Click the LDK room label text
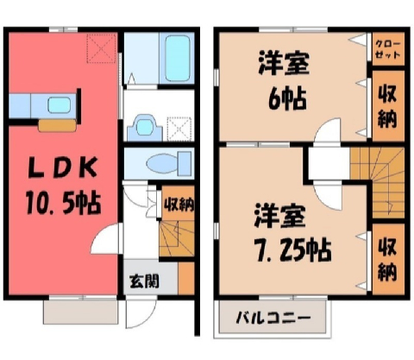[x=62, y=167]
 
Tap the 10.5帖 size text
[x=63, y=204]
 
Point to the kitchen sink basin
[x=59, y=105]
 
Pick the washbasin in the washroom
[x=145, y=128]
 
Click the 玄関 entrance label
[x=144, y=281]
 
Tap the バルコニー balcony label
[x=273, y=319]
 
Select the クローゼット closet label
[x=388, y=49]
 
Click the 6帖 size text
[x=287, y=99]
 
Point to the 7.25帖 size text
[x=293, y=250]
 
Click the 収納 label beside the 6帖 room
[x=387, y=106]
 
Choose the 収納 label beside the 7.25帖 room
[x=387, y=260]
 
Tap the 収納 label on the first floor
[x=179, y=205]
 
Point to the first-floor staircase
[x=177, y=238]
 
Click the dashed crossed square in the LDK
[x=102, y=48]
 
